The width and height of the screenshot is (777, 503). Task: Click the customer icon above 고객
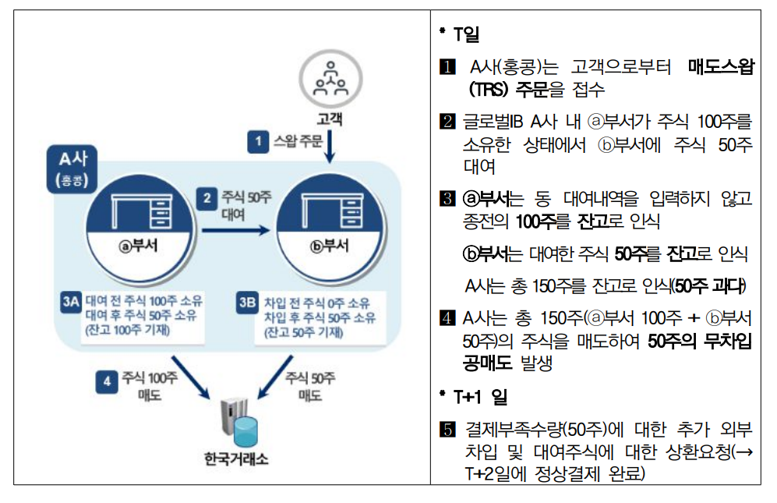point(330,79)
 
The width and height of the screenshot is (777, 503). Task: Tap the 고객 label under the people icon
point(330,119)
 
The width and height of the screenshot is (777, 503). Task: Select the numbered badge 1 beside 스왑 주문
point(258,141)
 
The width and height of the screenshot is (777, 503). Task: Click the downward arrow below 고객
point(330,146)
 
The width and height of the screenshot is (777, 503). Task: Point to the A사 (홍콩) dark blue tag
point(72,169)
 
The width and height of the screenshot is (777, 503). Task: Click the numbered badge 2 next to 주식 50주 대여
point(207,198)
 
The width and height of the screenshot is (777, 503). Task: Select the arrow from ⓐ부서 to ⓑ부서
point(236,230)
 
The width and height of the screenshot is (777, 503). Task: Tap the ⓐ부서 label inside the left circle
point(138,245)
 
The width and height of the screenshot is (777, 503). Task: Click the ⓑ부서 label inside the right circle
point(330,246)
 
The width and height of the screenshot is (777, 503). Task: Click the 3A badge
point(70,301)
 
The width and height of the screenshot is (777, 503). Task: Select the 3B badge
point(247,302)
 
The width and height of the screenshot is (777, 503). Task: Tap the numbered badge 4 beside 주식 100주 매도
point(107,381)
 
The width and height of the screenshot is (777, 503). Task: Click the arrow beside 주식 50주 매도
point(276,377)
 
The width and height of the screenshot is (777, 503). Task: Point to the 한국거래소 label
point(236,459)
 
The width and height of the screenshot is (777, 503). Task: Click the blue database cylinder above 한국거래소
point(245,431)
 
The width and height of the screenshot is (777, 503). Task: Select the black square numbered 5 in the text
point(447,430)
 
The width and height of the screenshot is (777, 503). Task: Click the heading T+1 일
point(480,397)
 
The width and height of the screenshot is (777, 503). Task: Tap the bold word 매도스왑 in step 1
point(721,66)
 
